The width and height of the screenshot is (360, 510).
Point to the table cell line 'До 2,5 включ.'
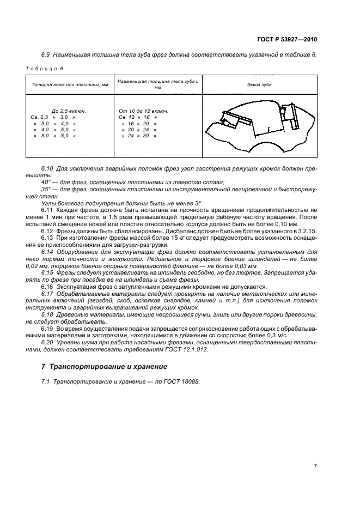pyautogui.click(x=69, y=111)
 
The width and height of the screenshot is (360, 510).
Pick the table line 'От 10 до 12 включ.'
pyautogui.click(x=143, y=111)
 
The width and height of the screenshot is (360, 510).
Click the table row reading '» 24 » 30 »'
pyautogui.click(x=139, y=136)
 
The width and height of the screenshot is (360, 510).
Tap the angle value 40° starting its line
pyautogui.click(x=46, y=181)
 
